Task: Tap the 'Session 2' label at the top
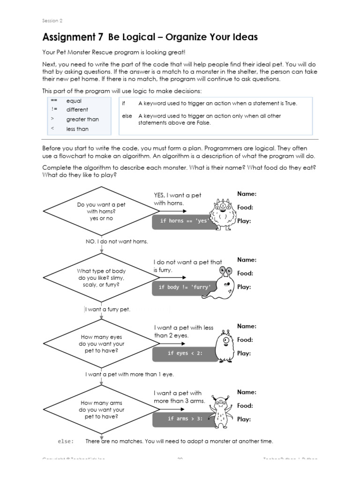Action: [52, 21]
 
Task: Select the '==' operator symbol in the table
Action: [54, 101]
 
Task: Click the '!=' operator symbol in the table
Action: [54, 110]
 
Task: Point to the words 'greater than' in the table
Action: [82, 120]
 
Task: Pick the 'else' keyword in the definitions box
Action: [127, 116]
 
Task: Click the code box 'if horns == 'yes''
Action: [183, 221]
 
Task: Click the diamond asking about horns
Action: [101, 211]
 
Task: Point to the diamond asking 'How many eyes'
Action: [101, 344]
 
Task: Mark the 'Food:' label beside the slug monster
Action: [245, 273]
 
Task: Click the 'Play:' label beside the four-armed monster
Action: [244, 420]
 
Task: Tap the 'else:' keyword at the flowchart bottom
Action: [66, 441]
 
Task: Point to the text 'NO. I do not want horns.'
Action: [117, 241]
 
